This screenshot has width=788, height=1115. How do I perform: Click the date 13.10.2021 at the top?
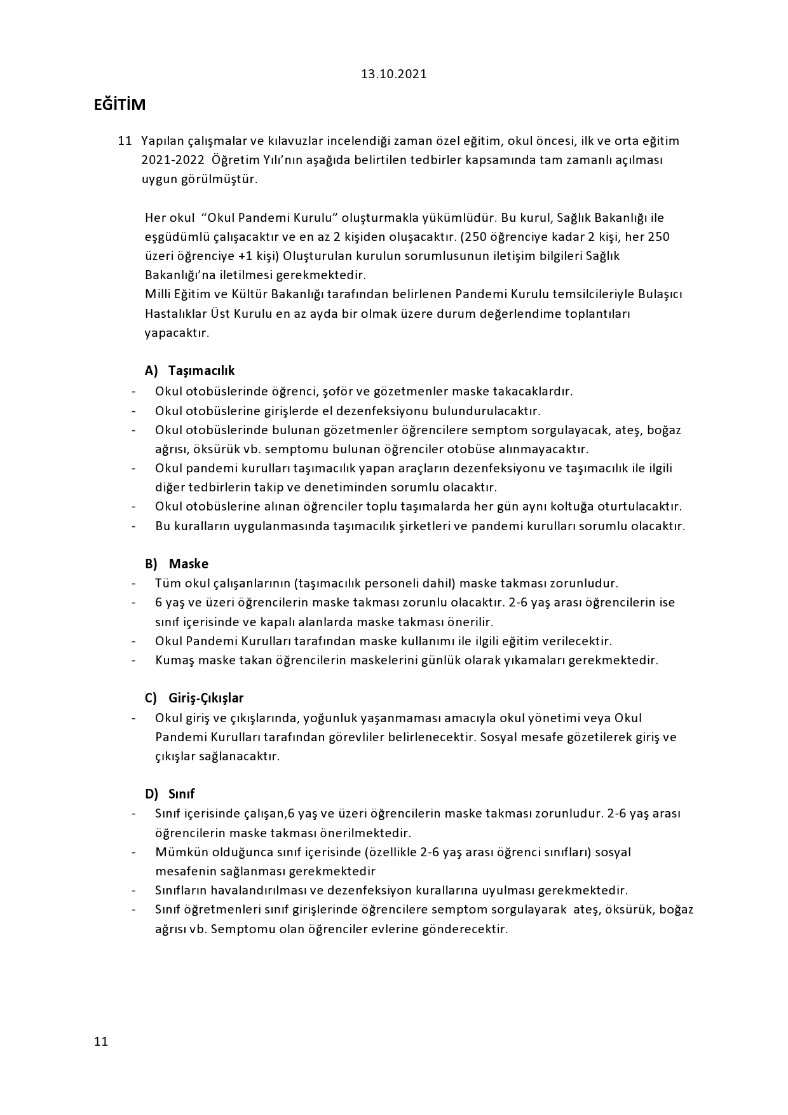click(x=393, y=74)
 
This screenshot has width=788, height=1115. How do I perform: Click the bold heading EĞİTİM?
click(x=119, y=105)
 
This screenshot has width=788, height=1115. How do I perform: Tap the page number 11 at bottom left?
click(x=101, y=1041)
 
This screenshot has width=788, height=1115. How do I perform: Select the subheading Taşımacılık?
click(x=201, y=371)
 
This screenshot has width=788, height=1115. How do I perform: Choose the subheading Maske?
click(x=188, y=564)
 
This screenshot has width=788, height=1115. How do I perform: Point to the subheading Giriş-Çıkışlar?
click(x=206, y=698)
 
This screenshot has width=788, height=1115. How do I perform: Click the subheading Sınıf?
click(x=181, y=794)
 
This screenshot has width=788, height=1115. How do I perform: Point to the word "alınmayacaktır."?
click(x=545, y=449)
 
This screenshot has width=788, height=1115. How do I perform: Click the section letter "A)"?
click(x=151, y=371)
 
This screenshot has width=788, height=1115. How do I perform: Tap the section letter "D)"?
click(x=151, y=794)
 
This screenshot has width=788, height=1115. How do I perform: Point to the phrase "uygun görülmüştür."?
click(x=200, y=179)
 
